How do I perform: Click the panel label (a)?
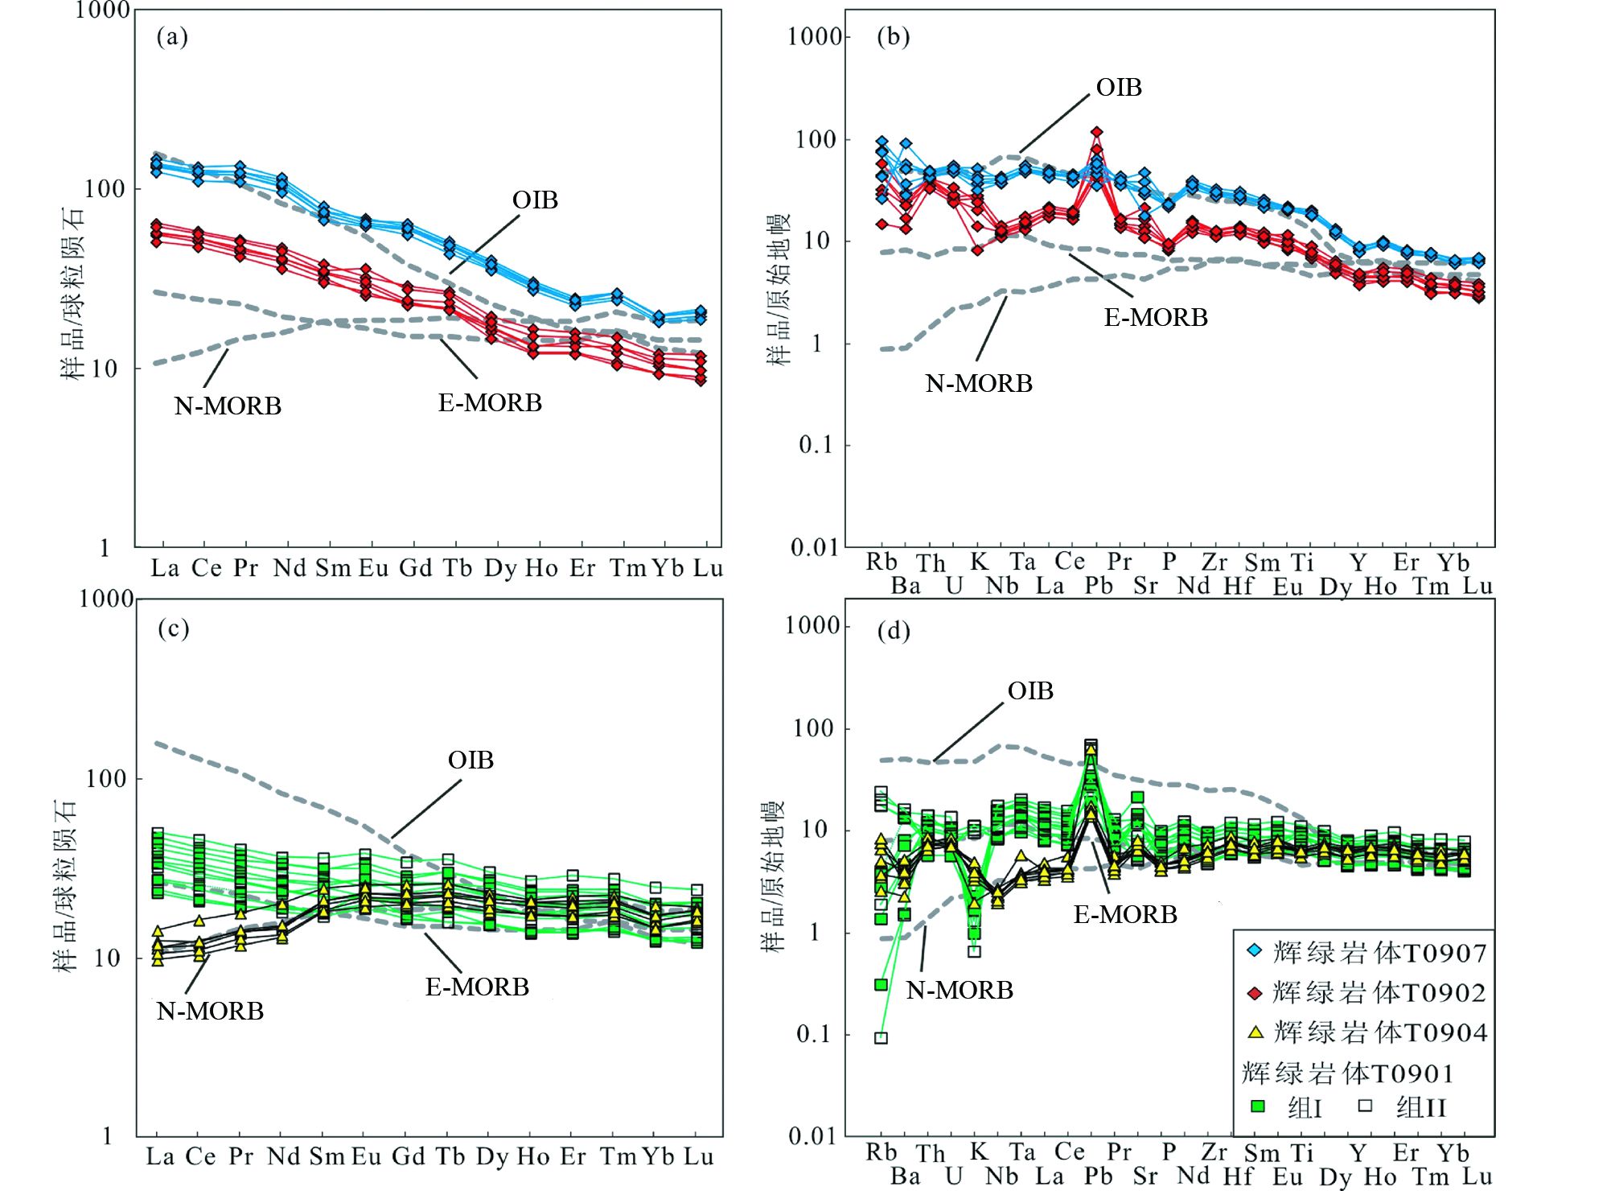click(x=172, y=36)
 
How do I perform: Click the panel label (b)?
click(x=893, y=36)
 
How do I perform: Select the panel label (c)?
click(x=173, y=628)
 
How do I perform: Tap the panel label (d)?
click(x=893, y=630)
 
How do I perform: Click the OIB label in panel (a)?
click(x=535, y=200)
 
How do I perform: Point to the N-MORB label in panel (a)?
click(x=228, y=406)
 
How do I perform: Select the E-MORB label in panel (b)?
click(x=1155, y=317)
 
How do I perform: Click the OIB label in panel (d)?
click(x=1030, y=690)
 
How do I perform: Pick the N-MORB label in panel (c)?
click(x=210, y=1011)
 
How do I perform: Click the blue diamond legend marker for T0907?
click(x=1254, y=951)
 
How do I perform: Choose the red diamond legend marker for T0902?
click(x=1254, y=992)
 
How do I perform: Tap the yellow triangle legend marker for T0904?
click(x=1255, y=1032)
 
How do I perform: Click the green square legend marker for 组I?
click(x=1258, y=1107)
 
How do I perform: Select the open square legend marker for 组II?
click(x=1365, y=1106)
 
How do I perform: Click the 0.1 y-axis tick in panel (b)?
click(x=816, y=444)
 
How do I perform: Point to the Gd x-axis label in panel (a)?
click(x=416, y=568)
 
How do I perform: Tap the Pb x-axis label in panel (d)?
click(x=1098, y=1176)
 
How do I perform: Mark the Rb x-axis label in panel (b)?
click(x=881, y=562)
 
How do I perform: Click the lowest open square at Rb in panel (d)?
click(x=881, y=1038)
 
